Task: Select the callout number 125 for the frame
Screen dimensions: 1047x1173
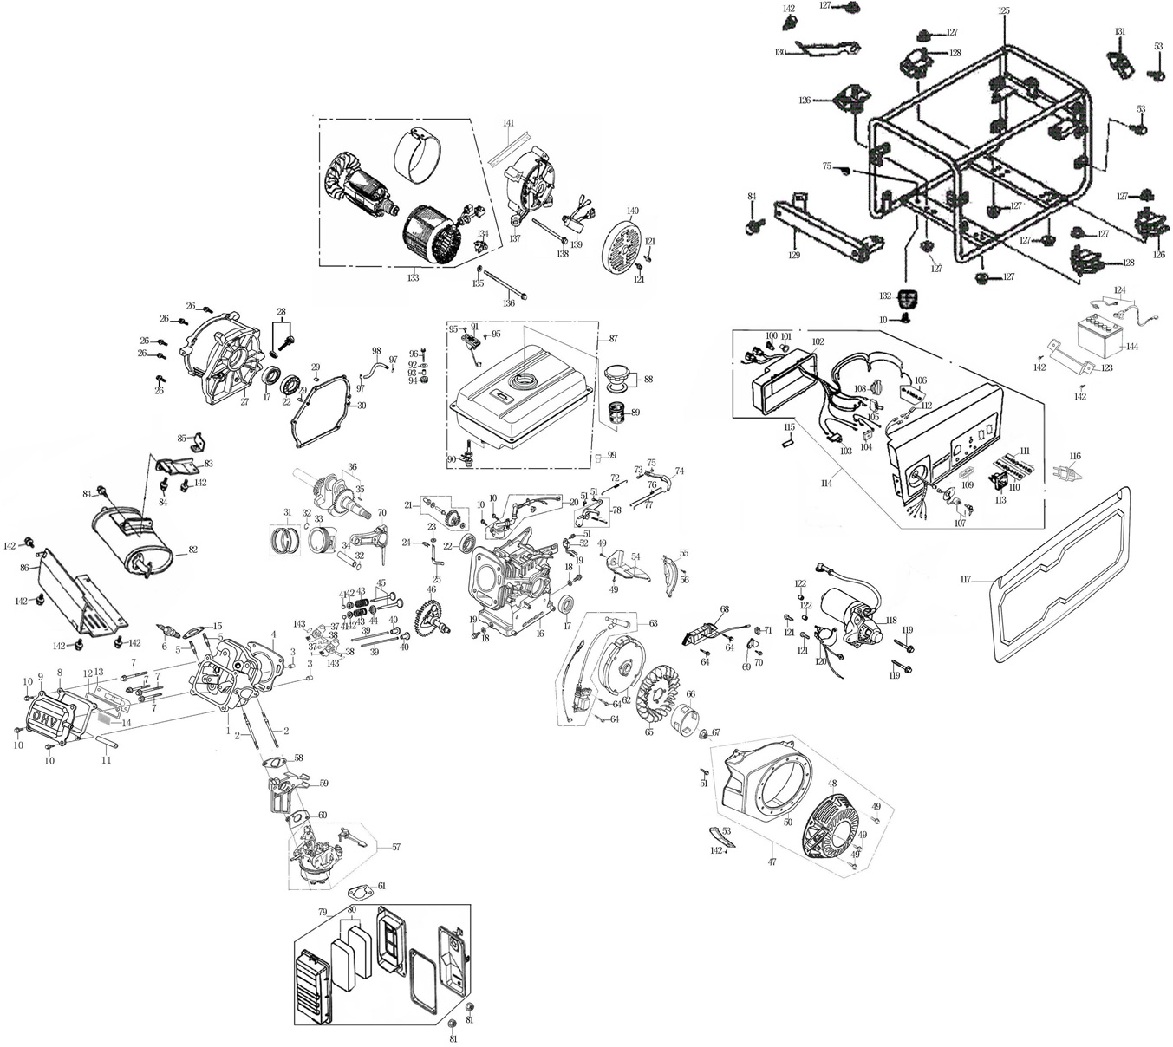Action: pyautogui.click(x=1003, y=11)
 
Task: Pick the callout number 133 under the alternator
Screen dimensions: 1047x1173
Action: pyautogui.click(x=413, y=278)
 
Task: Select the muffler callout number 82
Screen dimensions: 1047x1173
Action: pyautogui.click(x=192, y=550)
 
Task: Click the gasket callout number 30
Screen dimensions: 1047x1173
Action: pyautogui.click(x=362, y=405)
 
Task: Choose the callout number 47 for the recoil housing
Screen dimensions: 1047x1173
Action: pyautogui.click(x=772, y=862)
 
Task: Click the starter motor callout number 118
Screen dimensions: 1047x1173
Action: pyautogui.click(x=891, y=621)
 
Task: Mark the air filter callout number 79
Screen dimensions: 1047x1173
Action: pyautogui.click(x=323, y=913)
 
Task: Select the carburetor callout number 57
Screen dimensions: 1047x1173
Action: pyautogui.click(x=396, y=847)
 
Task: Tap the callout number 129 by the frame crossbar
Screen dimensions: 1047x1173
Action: pyautogui.click(x=794, y=255)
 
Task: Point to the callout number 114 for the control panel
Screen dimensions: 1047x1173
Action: pyautogui.click(x=826, y=484)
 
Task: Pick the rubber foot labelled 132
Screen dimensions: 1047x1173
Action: pyautogui.click(x=908, y=297)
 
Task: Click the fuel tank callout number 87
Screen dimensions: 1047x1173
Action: pyautogui.click(x=613, y=338)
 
